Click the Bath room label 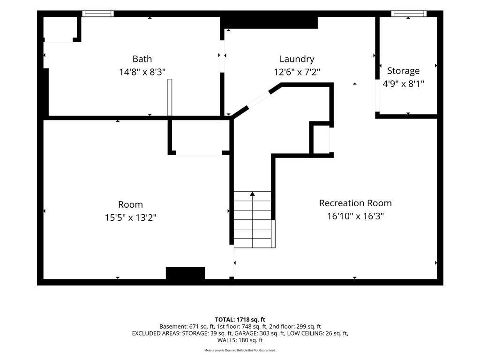142,59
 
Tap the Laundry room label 297,59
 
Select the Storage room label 403,71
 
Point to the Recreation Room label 355,203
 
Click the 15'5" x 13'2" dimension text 131,217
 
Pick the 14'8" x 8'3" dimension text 142,72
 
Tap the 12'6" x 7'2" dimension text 297,72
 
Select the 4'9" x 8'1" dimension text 404,83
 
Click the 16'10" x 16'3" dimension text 355,216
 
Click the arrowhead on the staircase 252,194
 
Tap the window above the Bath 98,14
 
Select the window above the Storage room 409,14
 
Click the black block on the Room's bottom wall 185,273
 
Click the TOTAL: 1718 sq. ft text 240,320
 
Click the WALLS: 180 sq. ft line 240,340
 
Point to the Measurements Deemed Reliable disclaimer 240,350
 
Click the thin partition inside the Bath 170,97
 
